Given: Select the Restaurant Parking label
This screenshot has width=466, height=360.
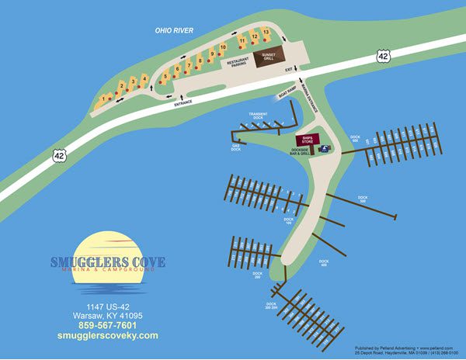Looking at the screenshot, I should (x=239, y=63).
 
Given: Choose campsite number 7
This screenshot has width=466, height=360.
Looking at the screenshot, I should (x=188, y=65).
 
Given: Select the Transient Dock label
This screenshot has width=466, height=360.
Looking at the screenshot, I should (x=258, y=116).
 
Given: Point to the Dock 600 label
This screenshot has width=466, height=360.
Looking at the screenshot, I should (x=354, y=140).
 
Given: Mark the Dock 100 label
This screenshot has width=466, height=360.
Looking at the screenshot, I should (x=288, y=221).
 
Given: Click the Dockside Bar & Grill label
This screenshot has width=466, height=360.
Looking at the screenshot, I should (x=300, y=153).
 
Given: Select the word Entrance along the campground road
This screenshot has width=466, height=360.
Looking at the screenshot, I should (x=184, y=102).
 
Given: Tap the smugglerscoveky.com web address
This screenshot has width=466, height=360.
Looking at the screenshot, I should (x=107, y=336).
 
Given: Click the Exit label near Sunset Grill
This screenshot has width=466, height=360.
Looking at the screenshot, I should (x=288, y=70).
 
